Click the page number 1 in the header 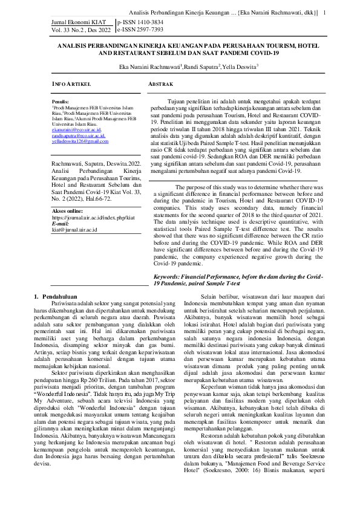(x=325, y=13)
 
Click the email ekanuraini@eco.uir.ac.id (x=76, y=129)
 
